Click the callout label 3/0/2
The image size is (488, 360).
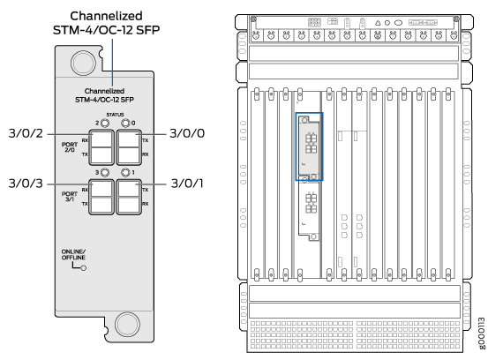click(x=26, y=133)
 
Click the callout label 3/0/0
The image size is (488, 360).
click(x=187, y=133)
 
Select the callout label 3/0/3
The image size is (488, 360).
click(x=26, y=184)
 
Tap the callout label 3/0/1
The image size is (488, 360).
click(x=187, y=184)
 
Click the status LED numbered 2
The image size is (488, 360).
click(x=105, y=124)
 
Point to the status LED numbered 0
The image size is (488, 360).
click(x=125, y=124)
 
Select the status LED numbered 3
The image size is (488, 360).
click(x=105, y=172)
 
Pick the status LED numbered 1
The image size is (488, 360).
click(x=125, y=172)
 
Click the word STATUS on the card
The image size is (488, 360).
click(x=115, y=115)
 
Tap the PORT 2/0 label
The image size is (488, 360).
click(x=70, y=147)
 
